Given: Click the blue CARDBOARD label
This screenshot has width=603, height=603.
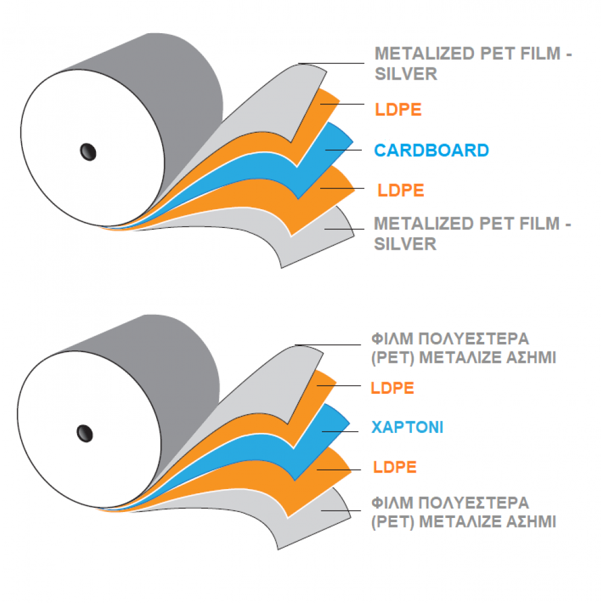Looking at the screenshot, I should coord(431,150).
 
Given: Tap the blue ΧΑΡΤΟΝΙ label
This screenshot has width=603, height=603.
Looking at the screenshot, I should coord(407,428).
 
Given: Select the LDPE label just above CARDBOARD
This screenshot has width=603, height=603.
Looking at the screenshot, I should coord(398,110).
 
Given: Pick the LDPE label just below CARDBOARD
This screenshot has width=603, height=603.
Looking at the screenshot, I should coord(401,191).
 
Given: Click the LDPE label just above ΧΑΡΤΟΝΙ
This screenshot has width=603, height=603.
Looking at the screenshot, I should coord(393,388).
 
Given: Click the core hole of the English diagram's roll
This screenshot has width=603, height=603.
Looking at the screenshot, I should coord(88,151).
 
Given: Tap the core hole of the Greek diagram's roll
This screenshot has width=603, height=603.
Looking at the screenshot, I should coord(84,432).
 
